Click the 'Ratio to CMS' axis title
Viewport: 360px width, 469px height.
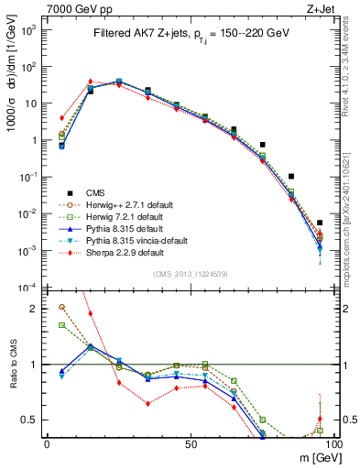[15, 365]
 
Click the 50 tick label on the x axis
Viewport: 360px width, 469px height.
[191, 443]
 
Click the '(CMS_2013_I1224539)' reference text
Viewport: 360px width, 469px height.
[190, 273]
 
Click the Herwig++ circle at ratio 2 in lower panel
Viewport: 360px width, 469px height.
[61, 308]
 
